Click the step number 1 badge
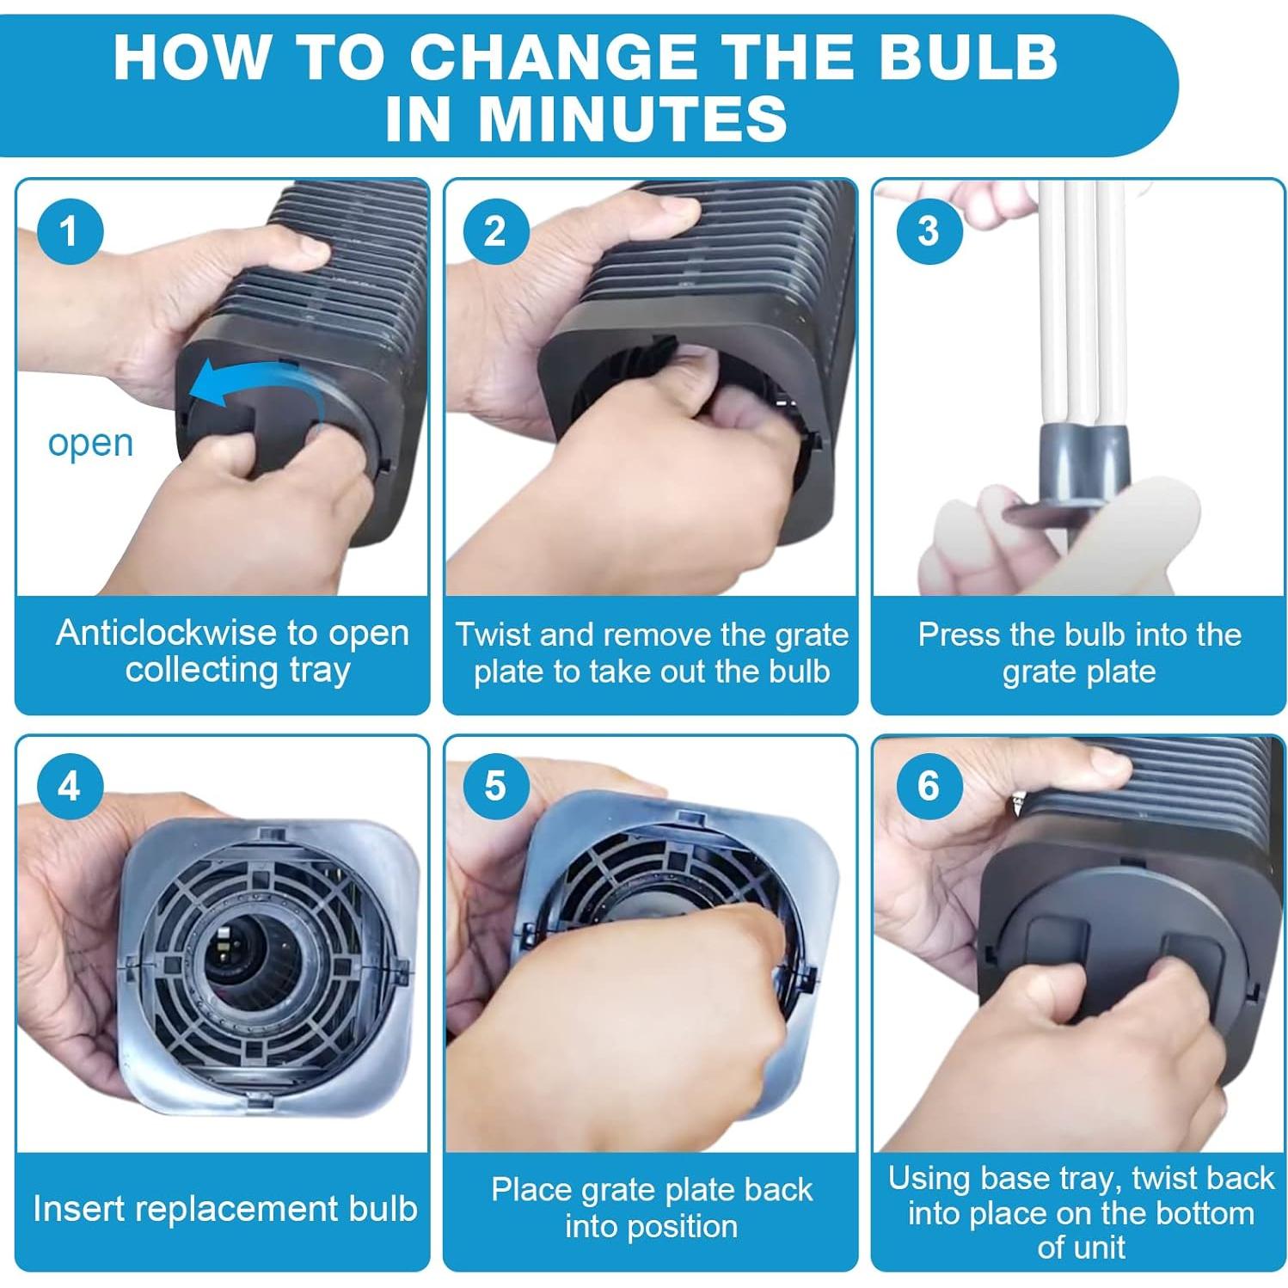69,231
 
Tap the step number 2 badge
495,231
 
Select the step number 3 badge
928,231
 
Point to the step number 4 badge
69,786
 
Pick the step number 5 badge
495,786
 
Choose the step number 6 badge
928,786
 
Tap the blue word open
90,444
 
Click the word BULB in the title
954,57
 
